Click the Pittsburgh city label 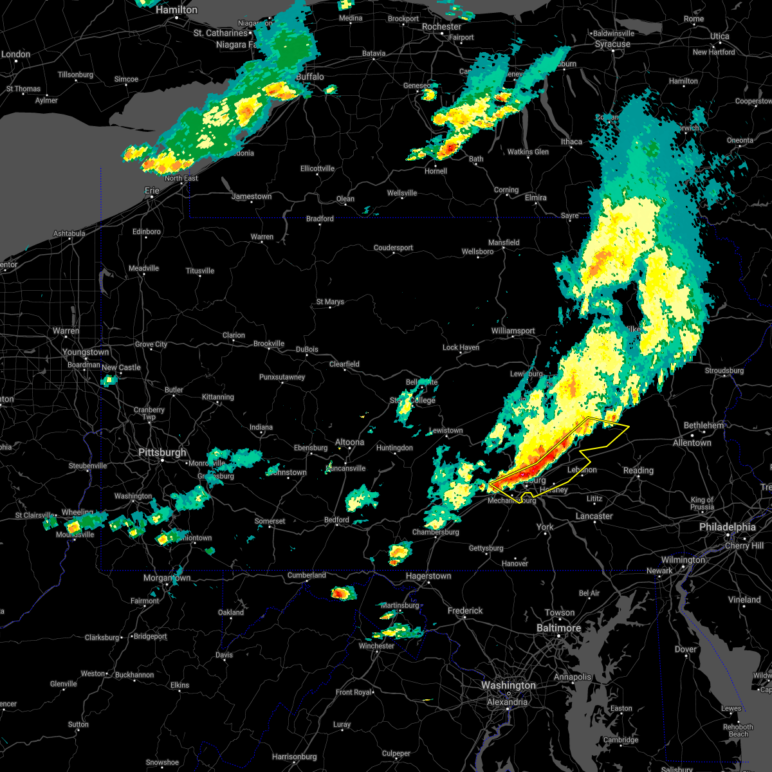[x=162, y=452]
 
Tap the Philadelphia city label [x=727, y=527]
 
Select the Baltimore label [x=558, y=628]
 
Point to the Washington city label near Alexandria [x=508, y=686]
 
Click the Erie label [x=152, y=190]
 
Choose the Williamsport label [x=513, y=331]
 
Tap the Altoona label [x=349, y=442]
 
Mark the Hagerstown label [x=428, y=576]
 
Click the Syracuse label [x=612, y=44]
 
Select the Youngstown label [x=86, y=353]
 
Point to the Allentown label [x=692, y=443]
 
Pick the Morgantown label [x=167, y=578]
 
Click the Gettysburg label [x=486, y=548]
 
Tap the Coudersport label [x=393, y=248]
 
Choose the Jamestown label [x=252, y=196]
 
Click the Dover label [x=686, y=649]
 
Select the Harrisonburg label [x=294, y=757]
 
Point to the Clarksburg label [x=102, y=638]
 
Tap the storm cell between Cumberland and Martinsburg [x=343, y=593]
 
